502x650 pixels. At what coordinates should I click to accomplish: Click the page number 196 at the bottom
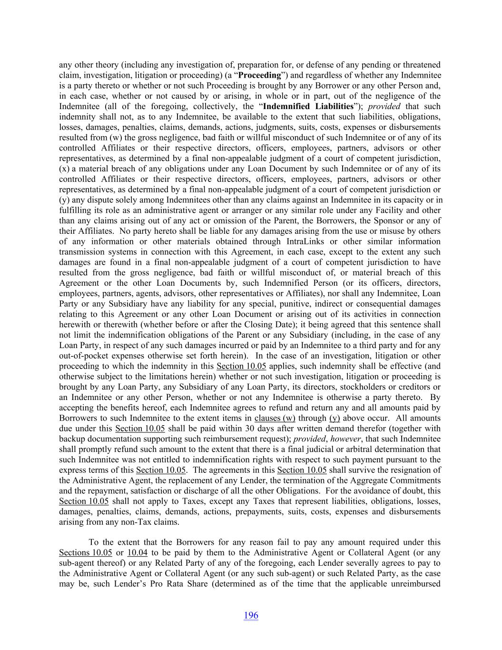tap(251, 615)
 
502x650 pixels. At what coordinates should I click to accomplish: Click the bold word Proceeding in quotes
tap(260, 75)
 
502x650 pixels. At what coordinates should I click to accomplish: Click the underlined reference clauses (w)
tap(275, 418)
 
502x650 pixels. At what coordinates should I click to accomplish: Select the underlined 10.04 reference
tap(137, 552)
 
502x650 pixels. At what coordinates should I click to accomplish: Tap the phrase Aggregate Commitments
tap(400, 480)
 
